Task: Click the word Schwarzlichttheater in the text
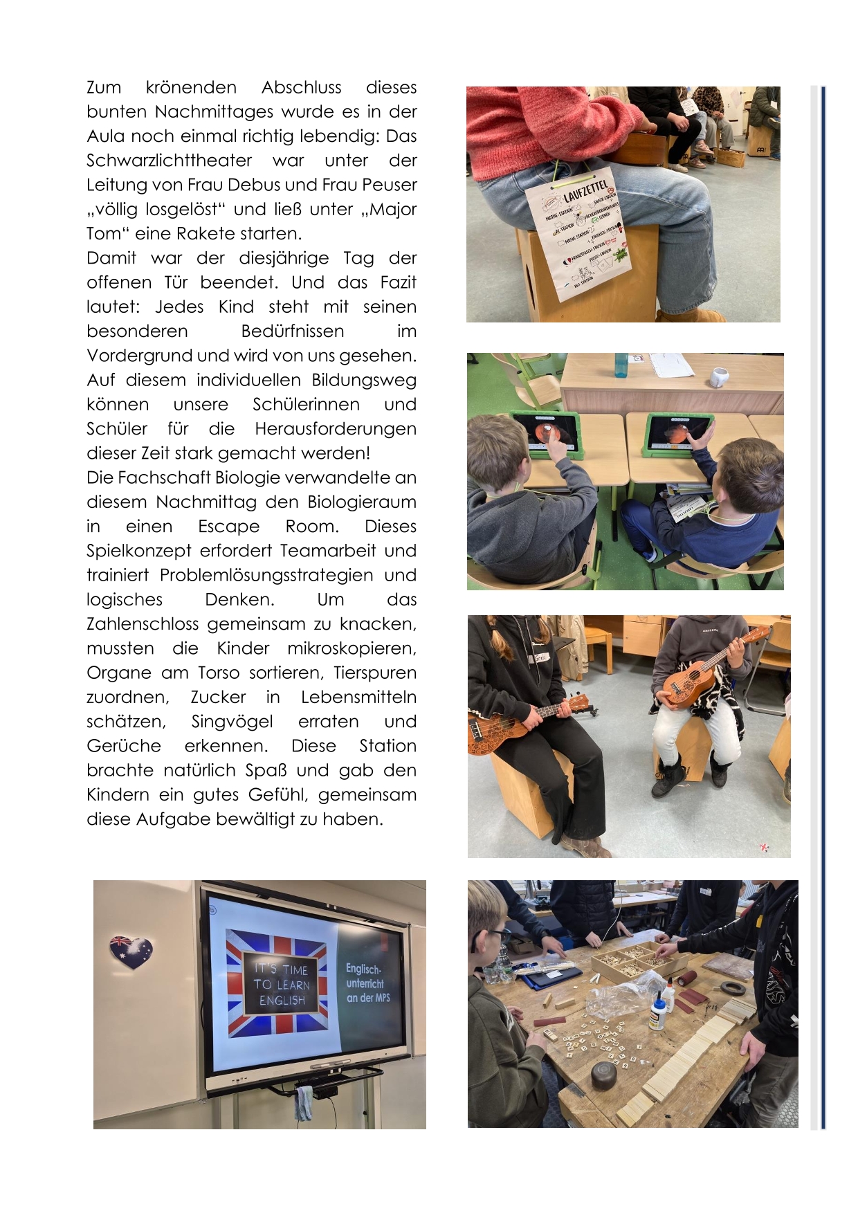169,161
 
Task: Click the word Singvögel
232,722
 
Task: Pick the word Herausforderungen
335,429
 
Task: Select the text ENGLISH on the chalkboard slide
282,1001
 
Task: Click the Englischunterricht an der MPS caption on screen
367,983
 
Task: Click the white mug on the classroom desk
720,377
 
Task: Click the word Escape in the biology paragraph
228,527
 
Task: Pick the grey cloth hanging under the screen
303,1102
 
